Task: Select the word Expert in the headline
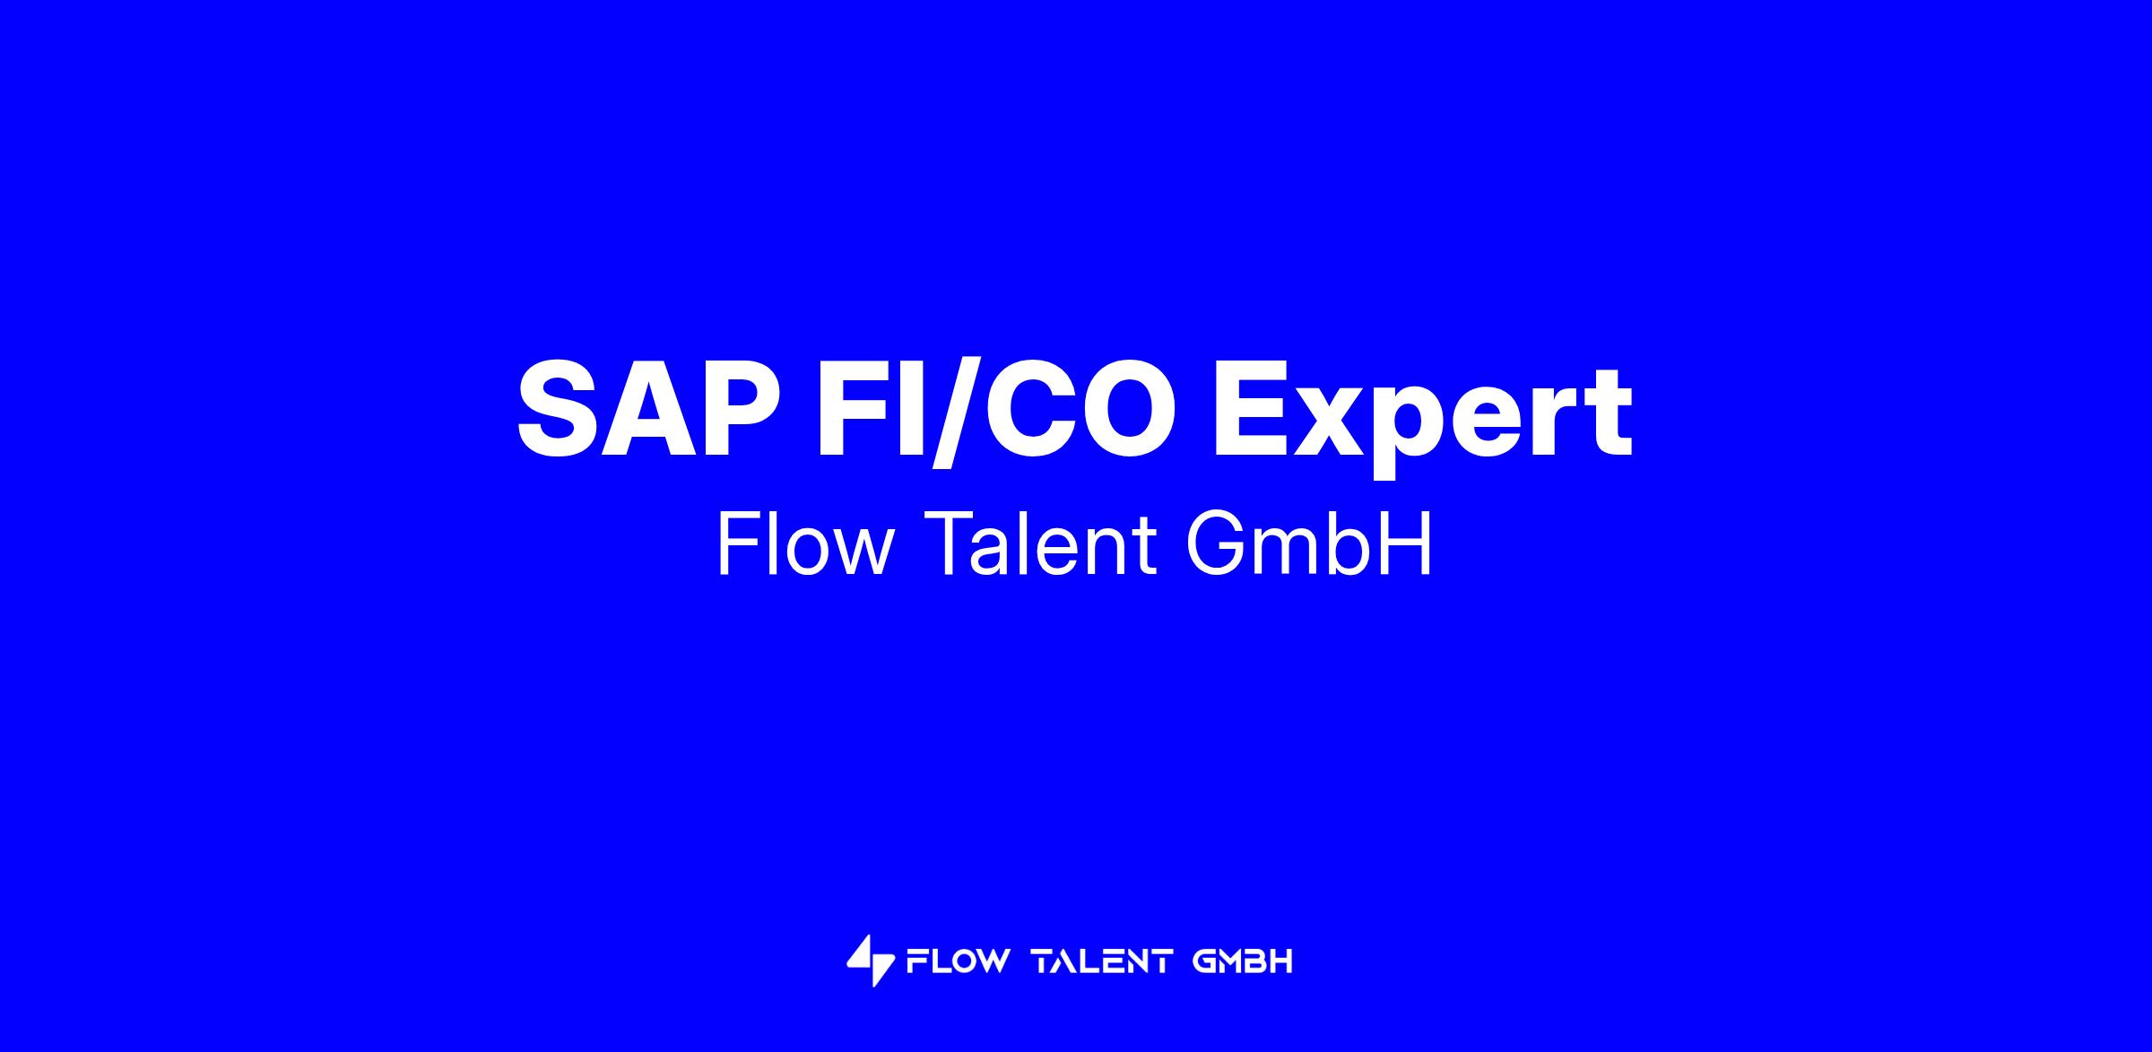click(1422, 419)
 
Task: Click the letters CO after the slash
click(1079, 408)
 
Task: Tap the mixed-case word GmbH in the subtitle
click(1310, 544)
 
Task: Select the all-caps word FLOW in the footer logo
click(958, 962)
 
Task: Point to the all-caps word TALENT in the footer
click(1103, 962)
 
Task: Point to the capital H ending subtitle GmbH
click(1410, 544)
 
